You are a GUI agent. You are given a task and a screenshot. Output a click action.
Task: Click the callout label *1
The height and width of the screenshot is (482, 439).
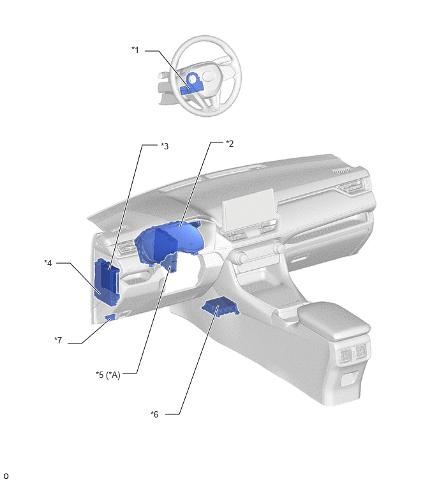click(135, 50)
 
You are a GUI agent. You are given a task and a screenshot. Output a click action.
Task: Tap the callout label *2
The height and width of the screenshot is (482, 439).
click(230, 144)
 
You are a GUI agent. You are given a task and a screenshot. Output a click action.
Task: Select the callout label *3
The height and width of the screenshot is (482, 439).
click(165, 146)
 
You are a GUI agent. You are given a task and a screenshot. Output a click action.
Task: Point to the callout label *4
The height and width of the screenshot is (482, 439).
click(48, 263)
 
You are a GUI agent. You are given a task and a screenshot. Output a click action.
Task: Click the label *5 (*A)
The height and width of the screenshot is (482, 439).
click(108, 375)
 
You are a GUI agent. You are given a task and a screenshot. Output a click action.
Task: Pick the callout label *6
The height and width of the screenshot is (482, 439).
click(154, 414)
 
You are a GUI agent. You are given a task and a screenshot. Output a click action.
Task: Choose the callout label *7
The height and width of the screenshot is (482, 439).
click(58, 340)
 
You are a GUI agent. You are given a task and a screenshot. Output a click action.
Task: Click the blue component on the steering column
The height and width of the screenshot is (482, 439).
click(191, 84)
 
